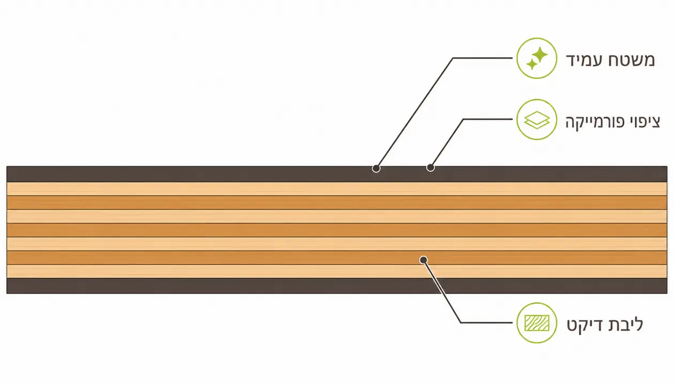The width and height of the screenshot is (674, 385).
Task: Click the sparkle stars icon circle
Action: click(x=537, y=58)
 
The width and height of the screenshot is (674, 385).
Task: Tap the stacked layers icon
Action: click(x=537, y=120)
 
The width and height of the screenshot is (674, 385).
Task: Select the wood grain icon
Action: click(x=537, y=323)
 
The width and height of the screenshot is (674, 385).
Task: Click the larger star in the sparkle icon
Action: click(x=540, y=55)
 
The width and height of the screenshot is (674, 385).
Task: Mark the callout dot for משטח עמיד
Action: click(x=376, y=168)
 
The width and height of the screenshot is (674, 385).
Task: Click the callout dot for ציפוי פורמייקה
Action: click(x=430, y=167)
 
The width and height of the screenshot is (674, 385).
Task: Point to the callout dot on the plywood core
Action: click(x=423, y=260)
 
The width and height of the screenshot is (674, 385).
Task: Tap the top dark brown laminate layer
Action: click(x=336, y=174)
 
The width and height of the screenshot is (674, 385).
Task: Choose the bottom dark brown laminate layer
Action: click(x=336, y=286)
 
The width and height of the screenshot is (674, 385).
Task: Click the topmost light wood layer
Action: click(x=336, y=189)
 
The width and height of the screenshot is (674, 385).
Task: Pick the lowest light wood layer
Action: click(x=336, y=271)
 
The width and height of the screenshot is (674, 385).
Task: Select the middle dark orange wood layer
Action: click(x=336, y=230)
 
